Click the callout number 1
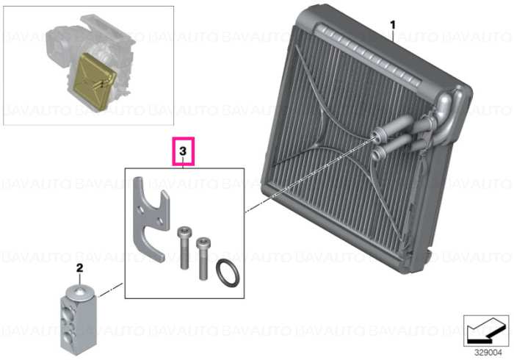pos(392,25)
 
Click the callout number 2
pos(79,268)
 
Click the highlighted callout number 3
pos(183,151)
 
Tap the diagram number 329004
pos(488,353)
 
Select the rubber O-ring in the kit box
pos(228,273)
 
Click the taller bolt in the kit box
pos(184,248)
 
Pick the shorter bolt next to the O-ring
pos(203,259)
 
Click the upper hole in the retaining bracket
pos(141,209)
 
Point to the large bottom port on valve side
pos(67,338)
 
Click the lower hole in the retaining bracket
pos(160,221)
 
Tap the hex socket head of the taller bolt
pos(184,231)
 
